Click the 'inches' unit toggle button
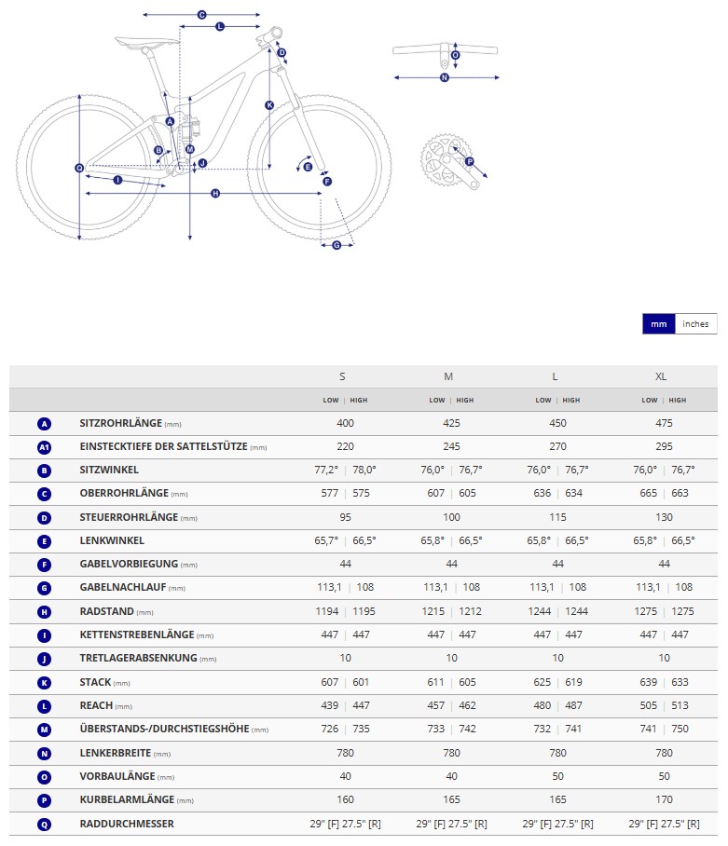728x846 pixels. coord(695,324)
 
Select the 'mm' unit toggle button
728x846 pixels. coord(659,324)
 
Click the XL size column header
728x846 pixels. coord(661,376)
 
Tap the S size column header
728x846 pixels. coord(342,376)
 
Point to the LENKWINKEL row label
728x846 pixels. coord(112,540)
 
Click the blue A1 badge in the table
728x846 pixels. coord(44,446)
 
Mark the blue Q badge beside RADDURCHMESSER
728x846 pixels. coord(44,824)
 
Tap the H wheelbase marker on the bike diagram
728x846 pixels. coord(215,194)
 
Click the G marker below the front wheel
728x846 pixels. coord(337,245)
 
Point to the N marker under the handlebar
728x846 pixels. coord(445,77)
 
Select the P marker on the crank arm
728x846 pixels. coord(469,162)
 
